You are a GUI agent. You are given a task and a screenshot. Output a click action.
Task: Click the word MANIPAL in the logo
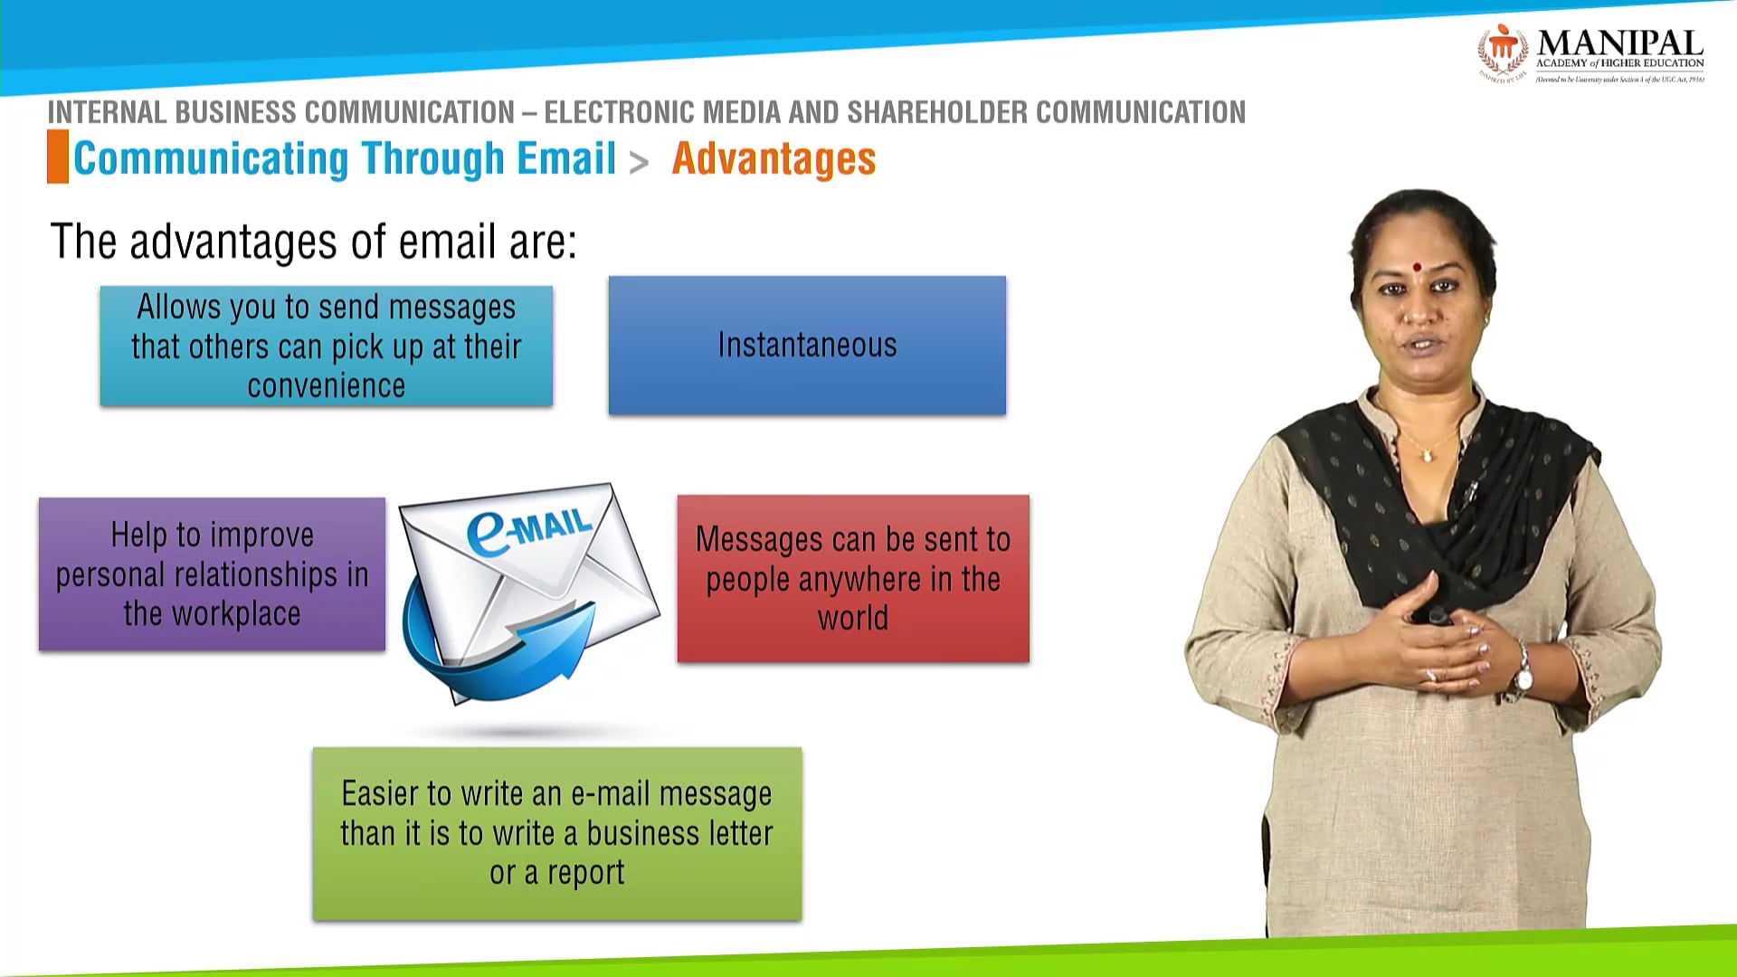coord(1619,43)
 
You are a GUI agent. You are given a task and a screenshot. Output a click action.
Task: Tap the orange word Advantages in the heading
coord(774,159)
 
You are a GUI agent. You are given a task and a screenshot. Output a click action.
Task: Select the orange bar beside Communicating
coord(58,157)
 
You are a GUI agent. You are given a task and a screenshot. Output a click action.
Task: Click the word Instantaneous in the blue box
coord(807,346)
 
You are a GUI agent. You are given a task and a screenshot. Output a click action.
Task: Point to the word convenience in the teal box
coord(326,386)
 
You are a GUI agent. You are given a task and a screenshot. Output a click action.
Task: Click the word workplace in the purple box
coord(236,614)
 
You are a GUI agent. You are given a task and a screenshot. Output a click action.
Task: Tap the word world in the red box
coord(852,619)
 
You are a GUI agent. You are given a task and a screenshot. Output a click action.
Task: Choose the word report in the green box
coord(585,873)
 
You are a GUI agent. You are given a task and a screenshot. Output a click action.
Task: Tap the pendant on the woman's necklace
coord(1427,455)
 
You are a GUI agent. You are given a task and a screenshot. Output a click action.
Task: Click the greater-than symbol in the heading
coord(639,163)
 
